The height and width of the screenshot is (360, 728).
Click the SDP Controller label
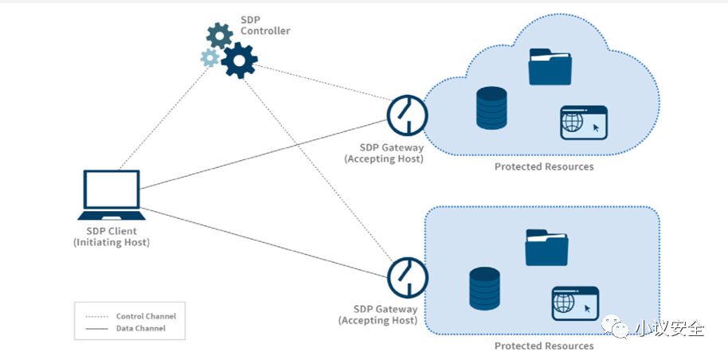click(x=265, y=25)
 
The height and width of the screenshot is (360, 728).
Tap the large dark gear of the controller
click(x=239, y=60)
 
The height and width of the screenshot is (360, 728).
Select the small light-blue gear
click(x=209, y=57)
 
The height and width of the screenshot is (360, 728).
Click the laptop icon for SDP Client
click(x=112, y=195)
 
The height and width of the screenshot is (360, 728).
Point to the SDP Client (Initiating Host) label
click(x=112, y=237)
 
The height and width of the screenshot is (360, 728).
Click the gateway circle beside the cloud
click(x=407, y=115)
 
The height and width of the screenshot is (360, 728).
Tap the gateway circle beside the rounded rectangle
click(x=408, y=278)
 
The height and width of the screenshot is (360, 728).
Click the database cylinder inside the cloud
click(x=491, y=108)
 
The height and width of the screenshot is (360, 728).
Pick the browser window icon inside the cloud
click(x=584, y=123)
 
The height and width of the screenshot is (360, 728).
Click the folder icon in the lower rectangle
click(x=547, y=247)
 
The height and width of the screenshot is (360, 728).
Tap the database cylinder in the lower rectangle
click(x=484, y=288)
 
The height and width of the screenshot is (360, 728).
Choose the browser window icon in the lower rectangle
click(x=575, y=303)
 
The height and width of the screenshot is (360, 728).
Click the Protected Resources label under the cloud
click(x=544, y=166)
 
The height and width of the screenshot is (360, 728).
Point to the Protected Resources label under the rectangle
click(x=544, y=346)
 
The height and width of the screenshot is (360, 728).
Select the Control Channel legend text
click(x=146, y=316)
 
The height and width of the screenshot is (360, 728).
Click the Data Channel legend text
click(x=141, y=328)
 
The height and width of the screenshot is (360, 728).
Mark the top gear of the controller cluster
click(x=220, y=35)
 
